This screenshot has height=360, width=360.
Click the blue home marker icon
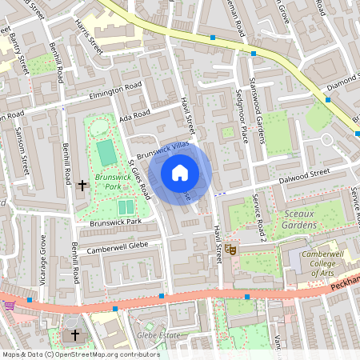pyautogui.click(x=180, y=172)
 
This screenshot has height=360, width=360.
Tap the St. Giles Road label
pyautogui.click(x=139, y=179)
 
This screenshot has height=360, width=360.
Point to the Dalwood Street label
pyautogui.click(x=304, y=174)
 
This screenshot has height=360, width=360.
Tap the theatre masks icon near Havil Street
pyautogui.click(x=230, y=250)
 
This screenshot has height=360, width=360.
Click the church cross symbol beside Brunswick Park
pyautogui.click(x=82, y=186)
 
